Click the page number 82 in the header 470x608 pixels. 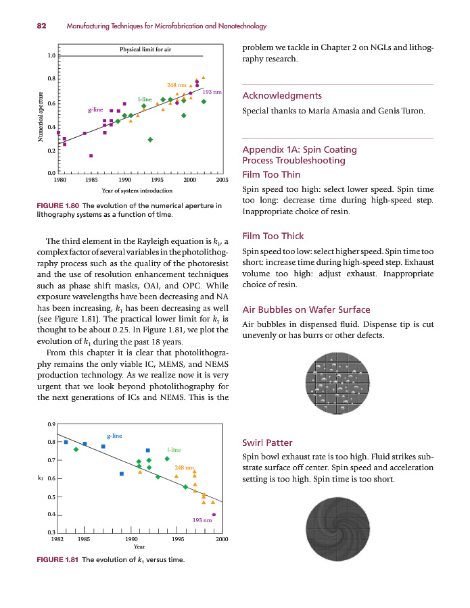[41, 26]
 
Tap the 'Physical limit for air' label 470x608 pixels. [145, 49]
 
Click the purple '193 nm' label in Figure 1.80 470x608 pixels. [212, 91]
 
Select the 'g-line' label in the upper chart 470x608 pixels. [95, 109]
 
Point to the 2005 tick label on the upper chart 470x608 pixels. [222, 180]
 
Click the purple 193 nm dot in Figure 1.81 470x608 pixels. [214, 515]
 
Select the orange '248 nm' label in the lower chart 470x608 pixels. [184, 467]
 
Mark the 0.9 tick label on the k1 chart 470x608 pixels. [51, 424]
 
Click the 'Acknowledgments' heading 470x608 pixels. [282, 95]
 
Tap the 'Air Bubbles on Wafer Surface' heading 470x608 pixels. [306, 309]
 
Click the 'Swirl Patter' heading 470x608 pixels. [267, 443]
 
